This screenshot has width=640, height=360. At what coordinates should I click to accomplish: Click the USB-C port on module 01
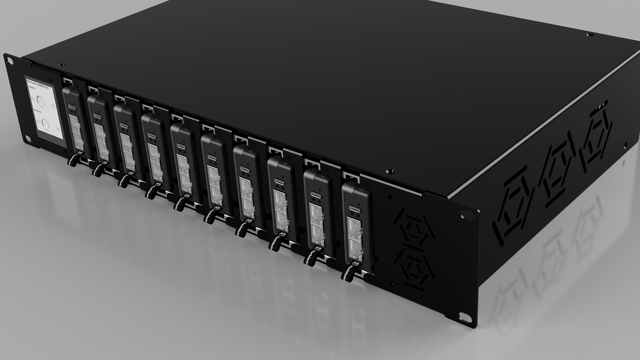pyautogui.click(x=72, y=107)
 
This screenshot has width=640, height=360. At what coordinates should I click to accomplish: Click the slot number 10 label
pyautogui.click(x=365, y=184)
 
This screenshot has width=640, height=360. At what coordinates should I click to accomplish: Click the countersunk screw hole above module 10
pyautogui.click(x=388, y=171)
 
